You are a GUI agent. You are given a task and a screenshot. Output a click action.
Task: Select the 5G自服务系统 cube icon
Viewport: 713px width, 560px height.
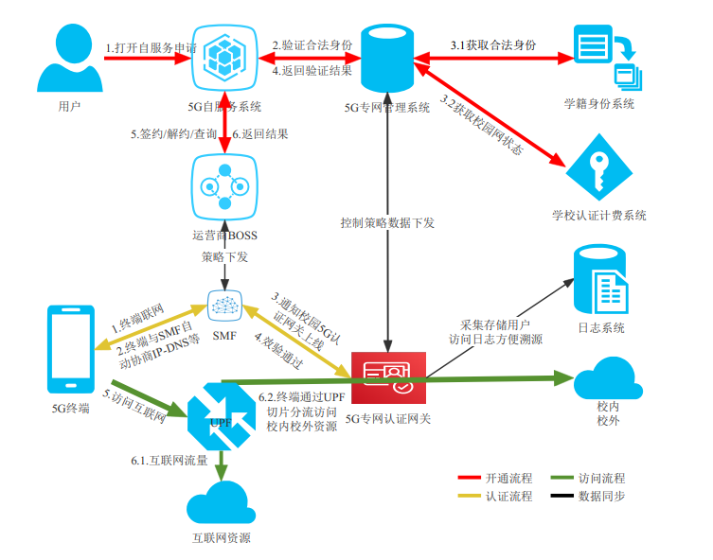(x=225, y=59)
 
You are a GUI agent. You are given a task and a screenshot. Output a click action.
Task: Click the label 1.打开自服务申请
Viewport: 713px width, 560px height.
(x=152, y=46)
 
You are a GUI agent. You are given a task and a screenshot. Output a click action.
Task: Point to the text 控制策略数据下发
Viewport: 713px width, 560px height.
(x=388, y=222)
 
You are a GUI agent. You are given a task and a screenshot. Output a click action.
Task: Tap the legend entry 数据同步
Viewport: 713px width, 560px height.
(x=601, y=496)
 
